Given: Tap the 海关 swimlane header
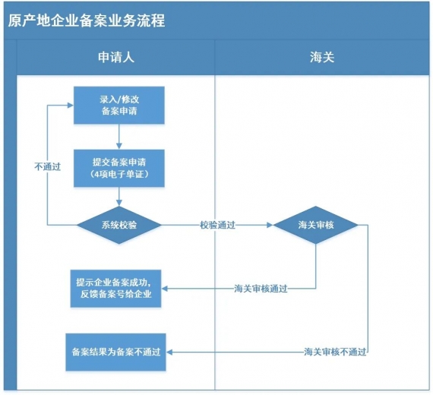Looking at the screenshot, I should tap(321, 57).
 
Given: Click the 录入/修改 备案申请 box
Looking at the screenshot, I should tap(119, 105).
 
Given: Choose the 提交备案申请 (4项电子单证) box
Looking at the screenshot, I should tap(119, 168).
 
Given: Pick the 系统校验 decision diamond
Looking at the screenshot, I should tap(119, 225).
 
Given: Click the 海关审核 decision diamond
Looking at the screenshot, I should tap(316, 225).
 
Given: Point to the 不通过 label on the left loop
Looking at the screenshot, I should tap(47, 166).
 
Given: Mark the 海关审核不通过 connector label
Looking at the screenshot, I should tap(335, 352).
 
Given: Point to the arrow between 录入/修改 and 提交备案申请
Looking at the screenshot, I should tap(119, 136).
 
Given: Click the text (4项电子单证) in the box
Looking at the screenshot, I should tap(119, 175).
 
